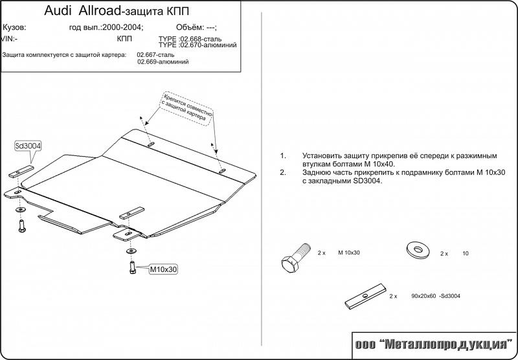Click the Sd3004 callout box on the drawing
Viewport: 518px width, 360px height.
click(27, 146)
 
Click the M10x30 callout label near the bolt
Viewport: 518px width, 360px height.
click(163, 269)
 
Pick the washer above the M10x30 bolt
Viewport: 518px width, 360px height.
click(131, 251)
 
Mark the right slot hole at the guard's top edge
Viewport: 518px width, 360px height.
click(222, 171)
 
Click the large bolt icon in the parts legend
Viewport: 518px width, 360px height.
click(293, 258)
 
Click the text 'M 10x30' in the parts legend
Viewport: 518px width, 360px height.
click(349, 254)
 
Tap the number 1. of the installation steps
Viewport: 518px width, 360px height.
click(283, 156)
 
